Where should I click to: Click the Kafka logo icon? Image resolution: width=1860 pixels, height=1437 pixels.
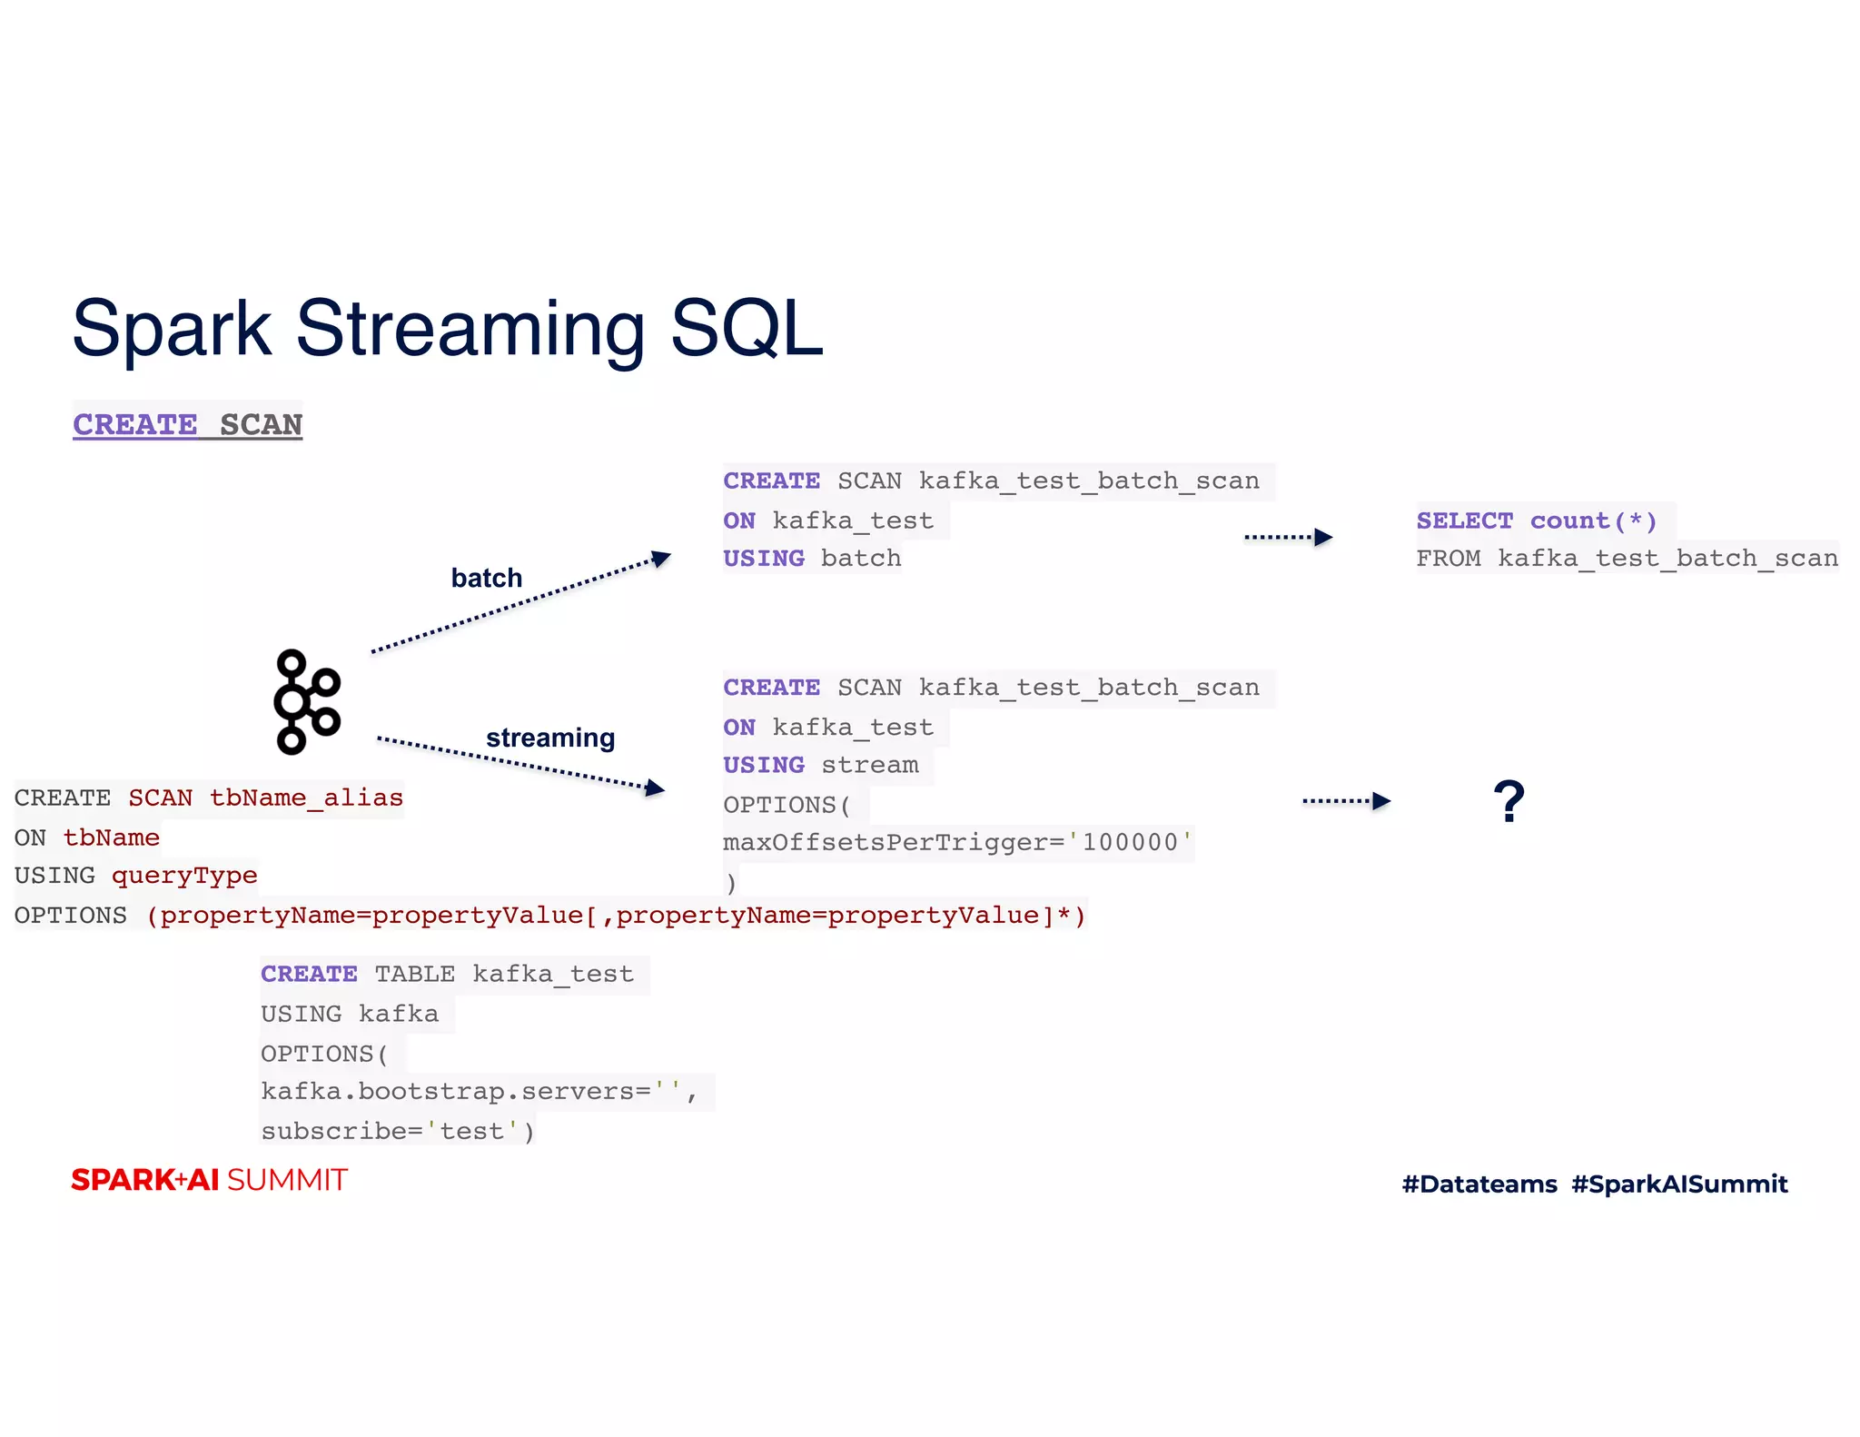pos(307,701)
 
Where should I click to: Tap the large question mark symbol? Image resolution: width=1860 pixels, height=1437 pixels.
pos(1509,801)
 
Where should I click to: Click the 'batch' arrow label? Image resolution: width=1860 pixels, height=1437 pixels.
pos(487,578)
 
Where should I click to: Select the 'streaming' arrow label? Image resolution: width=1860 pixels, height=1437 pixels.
pos(550,738)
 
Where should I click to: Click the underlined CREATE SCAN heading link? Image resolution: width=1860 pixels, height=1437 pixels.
pos(187,424)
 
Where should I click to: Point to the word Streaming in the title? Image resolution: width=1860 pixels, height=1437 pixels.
pos(470,328)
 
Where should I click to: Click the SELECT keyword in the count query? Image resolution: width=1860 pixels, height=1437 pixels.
pos(1464,520)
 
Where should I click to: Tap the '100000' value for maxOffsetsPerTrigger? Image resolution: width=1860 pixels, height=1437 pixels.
pos(1130,842)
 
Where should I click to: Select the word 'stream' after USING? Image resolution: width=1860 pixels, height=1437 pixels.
pos(869,765)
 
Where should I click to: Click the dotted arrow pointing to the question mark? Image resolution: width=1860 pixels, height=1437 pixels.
pos(1346,801)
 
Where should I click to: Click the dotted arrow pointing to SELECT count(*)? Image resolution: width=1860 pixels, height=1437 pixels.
pos(1288,537)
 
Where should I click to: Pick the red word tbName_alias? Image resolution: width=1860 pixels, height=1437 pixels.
pos(306,798)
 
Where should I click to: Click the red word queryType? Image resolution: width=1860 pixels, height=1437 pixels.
pos(184,876)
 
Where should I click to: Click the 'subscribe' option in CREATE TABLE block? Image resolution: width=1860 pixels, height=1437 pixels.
pos(333,1131)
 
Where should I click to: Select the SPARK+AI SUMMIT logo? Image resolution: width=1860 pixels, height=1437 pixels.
pos(209,1180)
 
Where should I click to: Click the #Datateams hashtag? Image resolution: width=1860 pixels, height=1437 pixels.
pos(1479,1184)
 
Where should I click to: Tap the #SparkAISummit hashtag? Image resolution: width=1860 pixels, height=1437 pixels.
pos(1679,1184)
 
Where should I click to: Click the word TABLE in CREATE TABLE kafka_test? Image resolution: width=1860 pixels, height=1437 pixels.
pos(414,974)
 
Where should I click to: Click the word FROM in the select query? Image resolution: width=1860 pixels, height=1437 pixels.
pos(1448,558)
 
